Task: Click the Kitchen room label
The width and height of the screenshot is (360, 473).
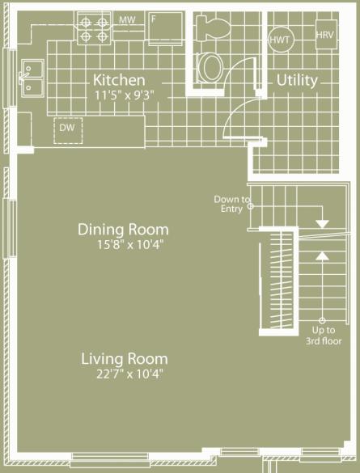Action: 119,80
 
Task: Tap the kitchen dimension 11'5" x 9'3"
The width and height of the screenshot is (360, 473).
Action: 125,95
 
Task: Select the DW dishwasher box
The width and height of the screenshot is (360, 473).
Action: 68,131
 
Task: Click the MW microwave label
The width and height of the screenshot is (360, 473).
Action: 127,20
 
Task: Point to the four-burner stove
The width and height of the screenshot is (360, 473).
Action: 95,29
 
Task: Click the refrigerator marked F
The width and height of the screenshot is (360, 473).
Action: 166,28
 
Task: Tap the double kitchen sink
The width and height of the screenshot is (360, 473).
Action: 32,78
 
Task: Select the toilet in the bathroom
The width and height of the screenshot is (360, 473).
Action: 214,27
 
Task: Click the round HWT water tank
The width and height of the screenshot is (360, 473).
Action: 281,40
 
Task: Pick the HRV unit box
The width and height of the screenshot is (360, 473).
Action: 326,34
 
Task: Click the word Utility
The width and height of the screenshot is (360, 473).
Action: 297,80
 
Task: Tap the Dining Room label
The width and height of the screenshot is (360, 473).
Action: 123,230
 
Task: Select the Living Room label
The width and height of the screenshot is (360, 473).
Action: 125,359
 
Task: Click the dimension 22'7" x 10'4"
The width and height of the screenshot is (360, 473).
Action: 129,374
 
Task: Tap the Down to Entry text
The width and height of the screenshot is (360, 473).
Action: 232,204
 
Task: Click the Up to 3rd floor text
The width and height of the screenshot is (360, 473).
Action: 324,336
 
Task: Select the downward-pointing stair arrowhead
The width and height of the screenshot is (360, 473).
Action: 322,223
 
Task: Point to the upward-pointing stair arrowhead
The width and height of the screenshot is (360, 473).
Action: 322,256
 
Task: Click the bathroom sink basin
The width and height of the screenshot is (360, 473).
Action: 210,67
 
